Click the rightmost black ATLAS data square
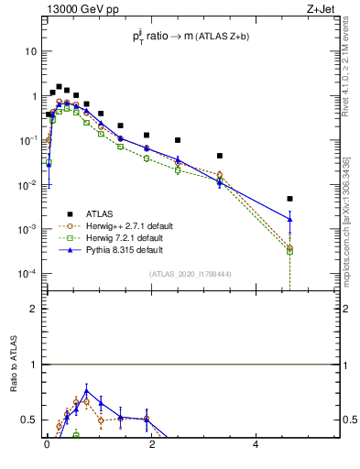pyautogui.click(x=289, y=199)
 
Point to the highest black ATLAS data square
pyautogui.click(x=60, y=87)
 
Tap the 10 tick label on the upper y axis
pyautogui.click(x=30, y=51)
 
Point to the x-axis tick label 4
pyautogui.click(x=256, y=445)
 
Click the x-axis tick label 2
pyautogui.click(x=151, y=445)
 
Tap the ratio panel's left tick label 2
pyautogui.click(x=36, y=309)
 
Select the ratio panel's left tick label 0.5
pyautogui.click(x=31, y=420)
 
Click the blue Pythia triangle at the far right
pyautogui.click(x=289, y=219)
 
